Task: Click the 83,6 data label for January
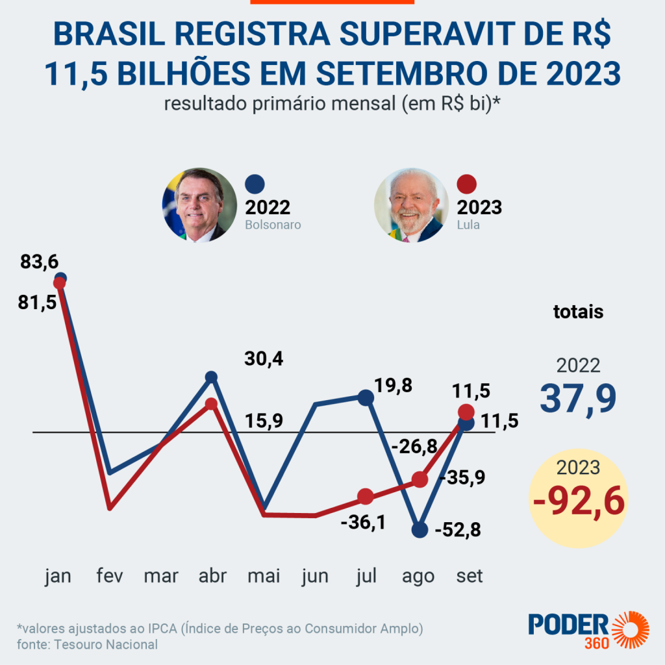click(x=40, y=262)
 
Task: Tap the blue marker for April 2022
click(x=211, y=377)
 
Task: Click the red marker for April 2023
click(x=211, y=404)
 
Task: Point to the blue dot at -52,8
click(x=420, y=529)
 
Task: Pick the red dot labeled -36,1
click(x=366, y=497)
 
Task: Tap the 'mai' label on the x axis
click(x=264, y=576)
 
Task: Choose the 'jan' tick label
click(x=58, y=576)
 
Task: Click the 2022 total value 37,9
click(x=578, y=398)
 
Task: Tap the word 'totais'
click(x=578, y=312)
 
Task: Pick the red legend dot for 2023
click(x=468, y=185)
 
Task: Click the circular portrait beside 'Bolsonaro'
click(x=198, y=205)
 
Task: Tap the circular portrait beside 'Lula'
click(x=410, y=205)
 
